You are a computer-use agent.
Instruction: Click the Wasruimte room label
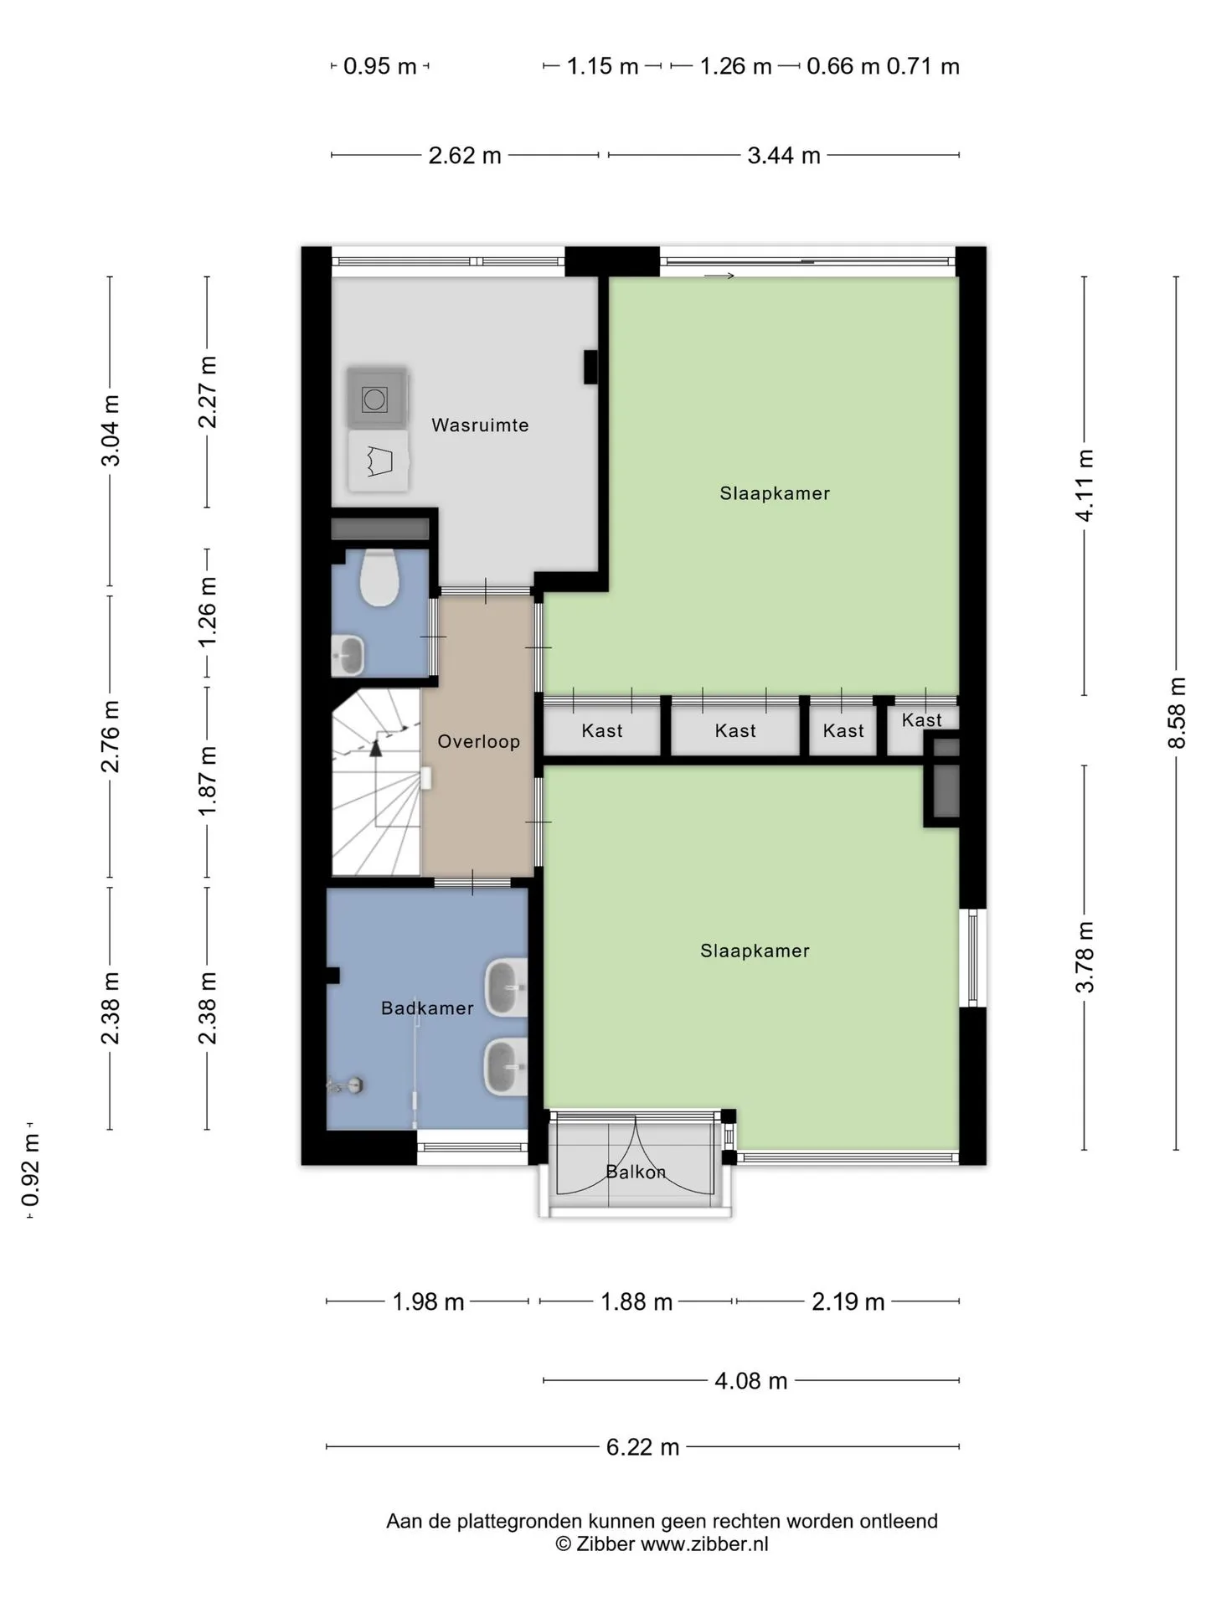pos(480,425)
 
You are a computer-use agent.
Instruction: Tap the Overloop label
pos(479,741)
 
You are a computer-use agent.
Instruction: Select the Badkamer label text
pos(427,1008)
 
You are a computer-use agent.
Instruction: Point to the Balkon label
pos(636,1172)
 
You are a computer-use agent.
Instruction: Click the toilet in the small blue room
pos(379,577)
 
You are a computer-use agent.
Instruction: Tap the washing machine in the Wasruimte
pos(375,398)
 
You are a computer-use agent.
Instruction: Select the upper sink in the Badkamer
pos(506,988)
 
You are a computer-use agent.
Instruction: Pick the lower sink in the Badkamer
pos(506,1067)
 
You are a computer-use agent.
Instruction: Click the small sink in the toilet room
pos(348,655)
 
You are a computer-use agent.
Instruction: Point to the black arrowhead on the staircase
pos(376,748)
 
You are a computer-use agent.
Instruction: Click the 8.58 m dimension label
pos(1177,714)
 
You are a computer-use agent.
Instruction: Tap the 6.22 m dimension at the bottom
pos(642,1446)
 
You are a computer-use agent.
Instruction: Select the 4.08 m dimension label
pos(750,1380)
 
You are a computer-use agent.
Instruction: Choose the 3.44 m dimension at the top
pos(784,155)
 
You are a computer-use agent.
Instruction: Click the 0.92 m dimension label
pos(31,1170)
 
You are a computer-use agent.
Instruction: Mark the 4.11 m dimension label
pos(1085,486)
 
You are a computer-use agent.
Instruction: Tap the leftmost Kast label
pos(602,731)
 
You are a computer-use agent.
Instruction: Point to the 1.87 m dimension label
pos(208,781)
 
